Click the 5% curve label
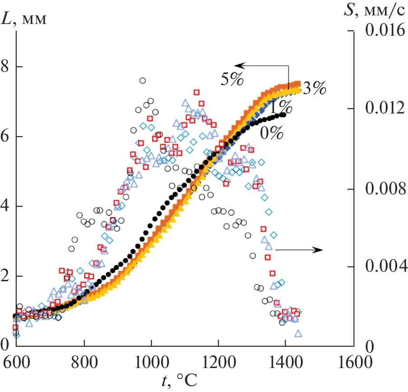[x=232, y=79]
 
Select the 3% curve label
[x=314, y=89]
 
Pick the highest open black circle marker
[x=142, y=80]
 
